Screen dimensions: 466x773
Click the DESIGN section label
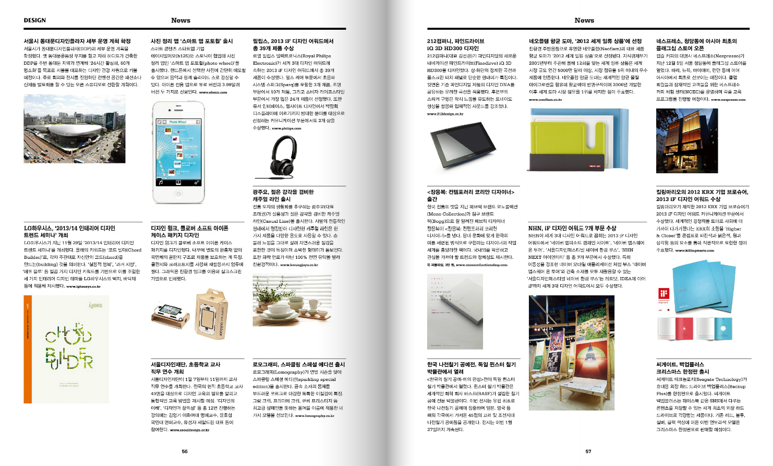coord(35,20)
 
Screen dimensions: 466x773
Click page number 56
coord(185,451)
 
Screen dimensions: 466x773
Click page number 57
coord(588,451)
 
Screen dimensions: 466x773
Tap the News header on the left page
coord(180,20)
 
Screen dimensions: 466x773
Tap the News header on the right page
coord(584,20)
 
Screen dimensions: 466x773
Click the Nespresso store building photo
coord(679,141)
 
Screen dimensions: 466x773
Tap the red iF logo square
coord(663,293)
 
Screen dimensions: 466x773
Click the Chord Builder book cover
coord(66,349)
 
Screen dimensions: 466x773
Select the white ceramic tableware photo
coord(292,301)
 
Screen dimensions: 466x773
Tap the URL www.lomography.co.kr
coord(315,416)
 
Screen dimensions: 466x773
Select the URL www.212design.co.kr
coord(445,114)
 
